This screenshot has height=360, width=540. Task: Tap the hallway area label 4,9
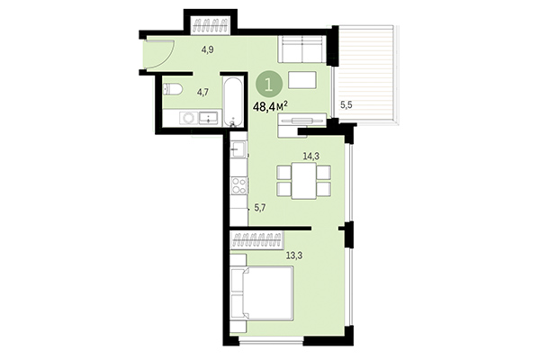coord(207,49)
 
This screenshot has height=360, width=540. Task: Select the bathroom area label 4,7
coord(203,91)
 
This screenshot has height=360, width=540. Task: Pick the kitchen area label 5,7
coord(260,208)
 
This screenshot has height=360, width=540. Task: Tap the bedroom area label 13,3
coord(293,255)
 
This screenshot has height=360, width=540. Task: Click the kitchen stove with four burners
coord(239,186)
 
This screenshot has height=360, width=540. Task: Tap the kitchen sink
coord(238,151)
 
